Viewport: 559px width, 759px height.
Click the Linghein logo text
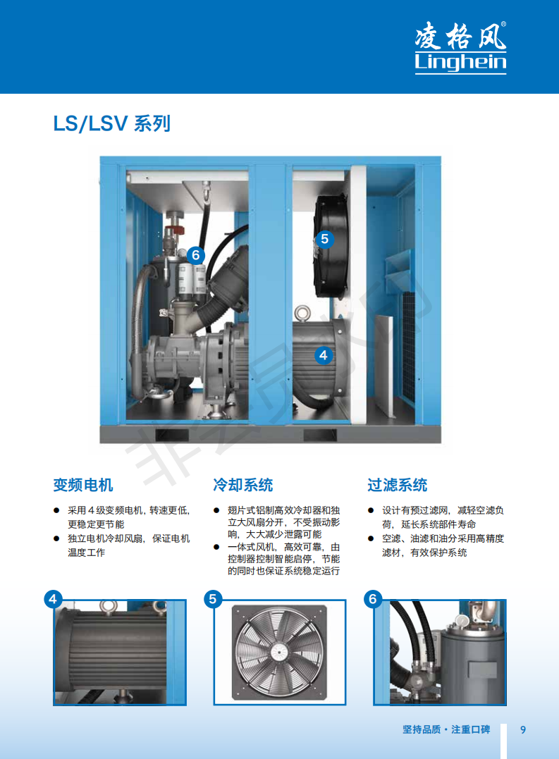click(460, 63)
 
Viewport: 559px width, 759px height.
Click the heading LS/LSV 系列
click(112, 123)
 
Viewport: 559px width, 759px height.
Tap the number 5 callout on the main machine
click(325, 239)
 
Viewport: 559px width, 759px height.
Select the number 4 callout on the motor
click(324, 355)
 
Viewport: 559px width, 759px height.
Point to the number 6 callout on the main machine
click(195, 255)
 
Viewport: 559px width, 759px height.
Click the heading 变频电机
click(83, 485)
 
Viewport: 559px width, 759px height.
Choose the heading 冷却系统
click(243, 485)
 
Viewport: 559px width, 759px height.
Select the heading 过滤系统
click(398, 485)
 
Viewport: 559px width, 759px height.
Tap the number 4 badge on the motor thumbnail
click(54, 599)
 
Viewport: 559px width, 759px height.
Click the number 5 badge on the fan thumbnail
click(213, 599)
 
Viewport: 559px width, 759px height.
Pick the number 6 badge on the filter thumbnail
click(373, 599)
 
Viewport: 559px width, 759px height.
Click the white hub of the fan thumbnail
click(278, 652)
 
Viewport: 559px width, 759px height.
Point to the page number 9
click(523, 729)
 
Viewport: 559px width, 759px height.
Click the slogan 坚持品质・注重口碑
click(446, 729)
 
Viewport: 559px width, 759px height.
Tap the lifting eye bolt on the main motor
click(303, 313)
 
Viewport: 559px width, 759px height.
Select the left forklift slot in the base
click(172, 435)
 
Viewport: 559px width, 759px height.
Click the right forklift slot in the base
click(320, 435)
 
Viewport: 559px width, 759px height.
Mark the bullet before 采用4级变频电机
click(56, 510)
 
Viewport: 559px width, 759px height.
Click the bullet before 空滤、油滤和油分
click(371, 538)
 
